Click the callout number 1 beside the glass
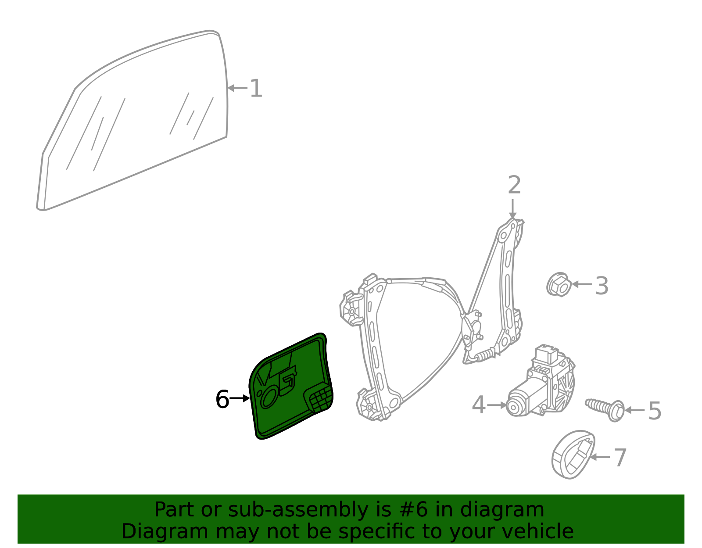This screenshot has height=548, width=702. (257, 88)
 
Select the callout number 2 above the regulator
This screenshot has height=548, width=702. (514, 185)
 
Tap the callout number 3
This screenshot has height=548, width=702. (601, 286)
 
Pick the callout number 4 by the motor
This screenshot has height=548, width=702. (478, 405)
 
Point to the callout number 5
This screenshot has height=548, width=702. (655, 411)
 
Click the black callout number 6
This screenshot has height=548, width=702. (222, 399)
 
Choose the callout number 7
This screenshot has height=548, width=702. (620, 458)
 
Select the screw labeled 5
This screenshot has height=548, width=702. (605, 409)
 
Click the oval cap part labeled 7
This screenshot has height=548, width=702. (573, 455)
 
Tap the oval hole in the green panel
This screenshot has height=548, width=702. (269, 398)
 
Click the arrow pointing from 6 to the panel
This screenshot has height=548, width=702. (240, 398)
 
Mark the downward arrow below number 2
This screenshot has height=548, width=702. (513, 209)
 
